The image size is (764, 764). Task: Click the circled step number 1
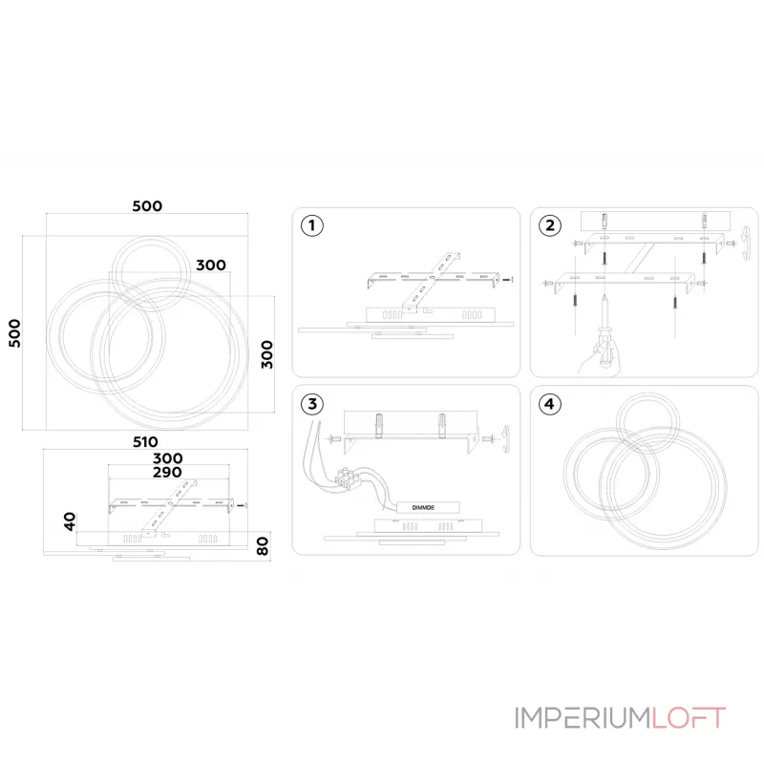pyautogui.click(x=312, y=225)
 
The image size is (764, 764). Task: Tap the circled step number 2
pyautogui.click(x=550, y=225)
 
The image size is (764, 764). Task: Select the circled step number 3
pyautogui.click(x=312, y=404)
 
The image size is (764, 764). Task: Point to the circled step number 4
pyautogui.click(x=550, y=404)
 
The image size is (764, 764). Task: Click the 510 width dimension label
pyautogui.click(x=145, y=442)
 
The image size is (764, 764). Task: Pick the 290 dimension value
pyautogui.click(x=167, y=472)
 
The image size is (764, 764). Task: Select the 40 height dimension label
pyautogui.click(x=70, y=520)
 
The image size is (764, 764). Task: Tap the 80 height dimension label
pyautogui.click(x=263, y=545)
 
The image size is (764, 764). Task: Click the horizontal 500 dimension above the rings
pyautogui.click(x=147, y=206)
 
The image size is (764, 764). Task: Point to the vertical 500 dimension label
pyautogui.click(x=15, y=333)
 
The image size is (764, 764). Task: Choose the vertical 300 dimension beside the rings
pyautogui.click(x=267, y=354)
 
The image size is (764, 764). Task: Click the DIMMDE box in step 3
pyautogui.click(x=428, y=507)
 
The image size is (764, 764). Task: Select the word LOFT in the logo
pyautogui.click(x=689, y=717)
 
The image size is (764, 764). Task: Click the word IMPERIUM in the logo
pyautogui.click(x=584, y=717)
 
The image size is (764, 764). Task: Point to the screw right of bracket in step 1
pyautogui.click(x=509, y=280)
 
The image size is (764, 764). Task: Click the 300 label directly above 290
pyautogui.click(x=168, y=458)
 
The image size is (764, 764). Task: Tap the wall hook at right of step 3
pyautogui.click(x=505, y=439)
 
